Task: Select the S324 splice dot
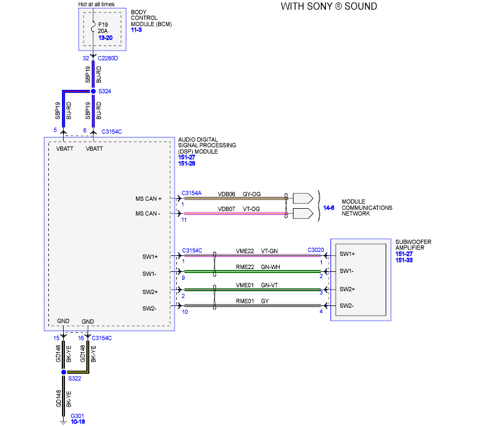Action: click(x=93, y=91)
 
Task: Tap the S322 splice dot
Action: click(x=64, y=371)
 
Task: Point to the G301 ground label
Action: click(x=77, y=416)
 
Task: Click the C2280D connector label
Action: click(x=108, y=58)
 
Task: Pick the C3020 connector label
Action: click(x=316, y=250)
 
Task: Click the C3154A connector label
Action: click(x=191, y=193)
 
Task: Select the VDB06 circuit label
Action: click(x=226, y=193)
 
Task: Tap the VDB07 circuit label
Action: click(x=226, y=209)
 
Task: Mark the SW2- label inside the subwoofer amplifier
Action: click(x=346, y=305)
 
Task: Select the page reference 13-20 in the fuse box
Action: click(x=106, y=38)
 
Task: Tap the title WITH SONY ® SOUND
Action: click(x=329, y=7)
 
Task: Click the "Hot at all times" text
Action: click(x=96, y=5)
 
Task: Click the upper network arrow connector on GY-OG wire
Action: click(x=302, y=198)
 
